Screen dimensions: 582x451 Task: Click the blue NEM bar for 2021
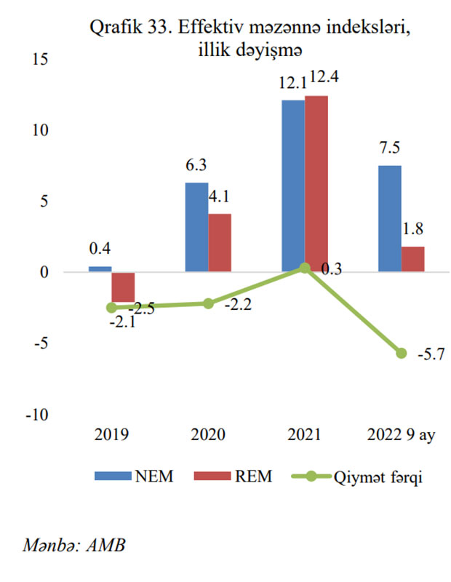[x=293, y=186]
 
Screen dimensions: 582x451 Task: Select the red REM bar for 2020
[x=220, y=243]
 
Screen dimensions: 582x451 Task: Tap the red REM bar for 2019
[x=124, y=287]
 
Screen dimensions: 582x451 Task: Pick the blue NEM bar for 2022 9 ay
[x=389, y=218]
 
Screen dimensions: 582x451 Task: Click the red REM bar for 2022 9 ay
[x=412, y=259]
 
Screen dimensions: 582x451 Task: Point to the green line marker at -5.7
[x=401, y=353]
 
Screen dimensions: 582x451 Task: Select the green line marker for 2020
[x=208, y=303]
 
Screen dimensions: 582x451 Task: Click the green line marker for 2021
[x=305, y=268]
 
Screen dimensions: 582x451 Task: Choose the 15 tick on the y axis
[x=40, y=60]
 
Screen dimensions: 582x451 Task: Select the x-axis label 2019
[x=111, y=436]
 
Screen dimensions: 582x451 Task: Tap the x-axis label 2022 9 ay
[x=401, y=436]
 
